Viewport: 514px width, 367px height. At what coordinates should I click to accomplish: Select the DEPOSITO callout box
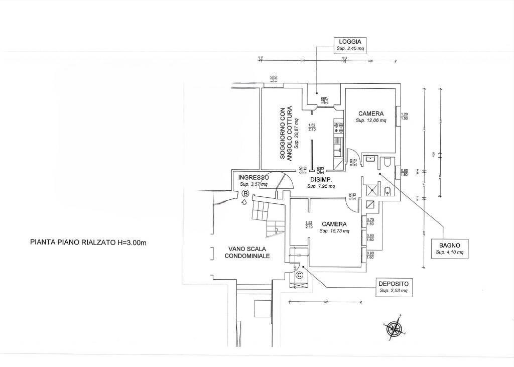click(x=394, y=287)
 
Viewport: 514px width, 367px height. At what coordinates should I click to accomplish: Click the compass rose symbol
click(x=396, y=329)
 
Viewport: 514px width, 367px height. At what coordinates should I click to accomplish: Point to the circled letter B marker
click(x=245, y=193)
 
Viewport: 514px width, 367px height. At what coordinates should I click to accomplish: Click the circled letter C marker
click(x=299, y=275)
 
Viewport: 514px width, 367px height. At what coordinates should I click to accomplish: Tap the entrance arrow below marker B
click(x=244, y=202)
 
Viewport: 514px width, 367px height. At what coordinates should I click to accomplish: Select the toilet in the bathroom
click(x=387, y=162)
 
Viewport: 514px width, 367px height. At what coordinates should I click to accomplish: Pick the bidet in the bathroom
click(x=387, y=190)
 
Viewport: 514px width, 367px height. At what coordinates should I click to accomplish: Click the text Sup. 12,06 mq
click(x=371, y=120)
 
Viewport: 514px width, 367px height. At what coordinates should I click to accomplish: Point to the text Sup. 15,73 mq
click(x=335, y=231)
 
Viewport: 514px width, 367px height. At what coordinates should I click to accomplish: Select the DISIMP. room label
click(x=319, y=180)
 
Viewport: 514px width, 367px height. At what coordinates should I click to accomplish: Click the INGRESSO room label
click(x=254, y=177)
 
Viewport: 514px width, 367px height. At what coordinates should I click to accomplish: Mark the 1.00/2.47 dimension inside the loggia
click(x=323, y=101)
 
